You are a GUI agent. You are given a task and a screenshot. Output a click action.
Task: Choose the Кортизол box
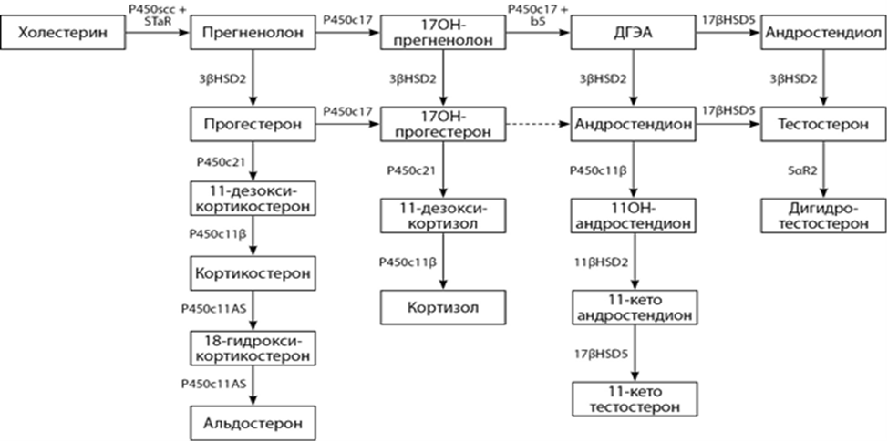(x=442, y=305)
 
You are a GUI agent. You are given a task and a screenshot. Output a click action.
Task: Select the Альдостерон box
(x=253, y=423)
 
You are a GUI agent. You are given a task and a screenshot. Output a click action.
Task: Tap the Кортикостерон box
(x=253, y=272)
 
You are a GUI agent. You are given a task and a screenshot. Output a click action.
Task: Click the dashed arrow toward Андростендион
(x=538, y=124)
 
